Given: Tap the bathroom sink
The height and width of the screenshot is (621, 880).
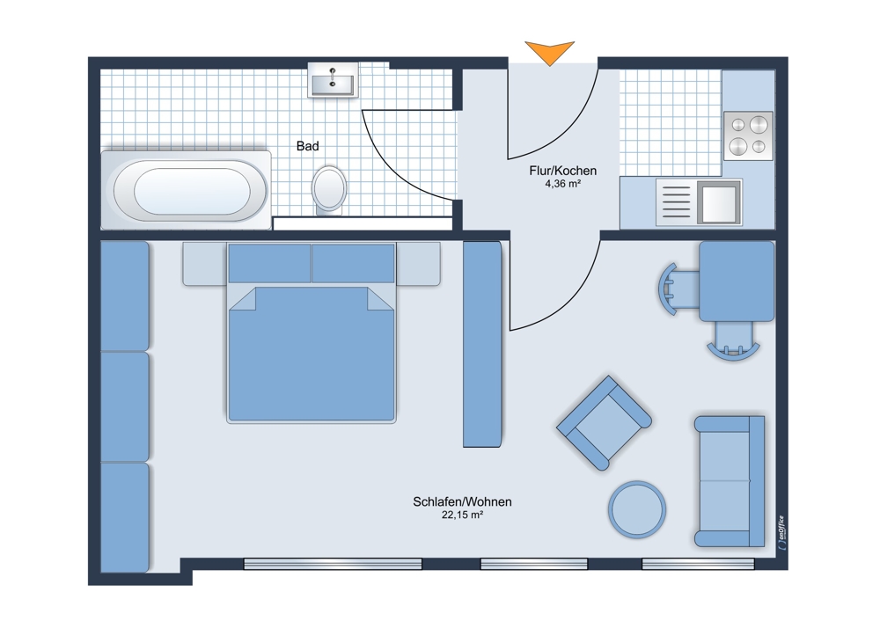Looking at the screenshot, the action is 333,80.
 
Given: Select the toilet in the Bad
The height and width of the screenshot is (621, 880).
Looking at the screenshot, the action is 329,190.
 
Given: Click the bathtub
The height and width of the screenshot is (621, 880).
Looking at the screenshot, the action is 186,190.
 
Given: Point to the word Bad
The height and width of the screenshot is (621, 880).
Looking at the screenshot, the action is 307,146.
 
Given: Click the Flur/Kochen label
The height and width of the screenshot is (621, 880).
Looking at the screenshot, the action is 563,171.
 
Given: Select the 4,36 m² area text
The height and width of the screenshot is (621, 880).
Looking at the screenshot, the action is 562,184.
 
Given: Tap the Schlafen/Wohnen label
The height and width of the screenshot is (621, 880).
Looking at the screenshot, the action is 463,501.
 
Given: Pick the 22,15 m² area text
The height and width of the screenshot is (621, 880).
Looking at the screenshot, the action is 463,515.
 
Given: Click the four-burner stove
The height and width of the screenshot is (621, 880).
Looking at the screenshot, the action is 748,135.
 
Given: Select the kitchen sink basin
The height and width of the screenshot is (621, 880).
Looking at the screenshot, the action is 718,201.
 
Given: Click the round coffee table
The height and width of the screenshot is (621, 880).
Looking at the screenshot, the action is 637,509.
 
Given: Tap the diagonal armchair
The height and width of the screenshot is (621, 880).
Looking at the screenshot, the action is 604,422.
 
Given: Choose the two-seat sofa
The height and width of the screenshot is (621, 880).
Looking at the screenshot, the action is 730,481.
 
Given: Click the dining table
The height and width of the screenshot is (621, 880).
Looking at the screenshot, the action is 737,281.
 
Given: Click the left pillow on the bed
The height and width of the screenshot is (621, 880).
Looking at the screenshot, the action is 269,263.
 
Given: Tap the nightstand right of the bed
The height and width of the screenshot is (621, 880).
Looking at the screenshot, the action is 418,264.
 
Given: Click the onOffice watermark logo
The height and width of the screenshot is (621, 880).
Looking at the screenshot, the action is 781,533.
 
